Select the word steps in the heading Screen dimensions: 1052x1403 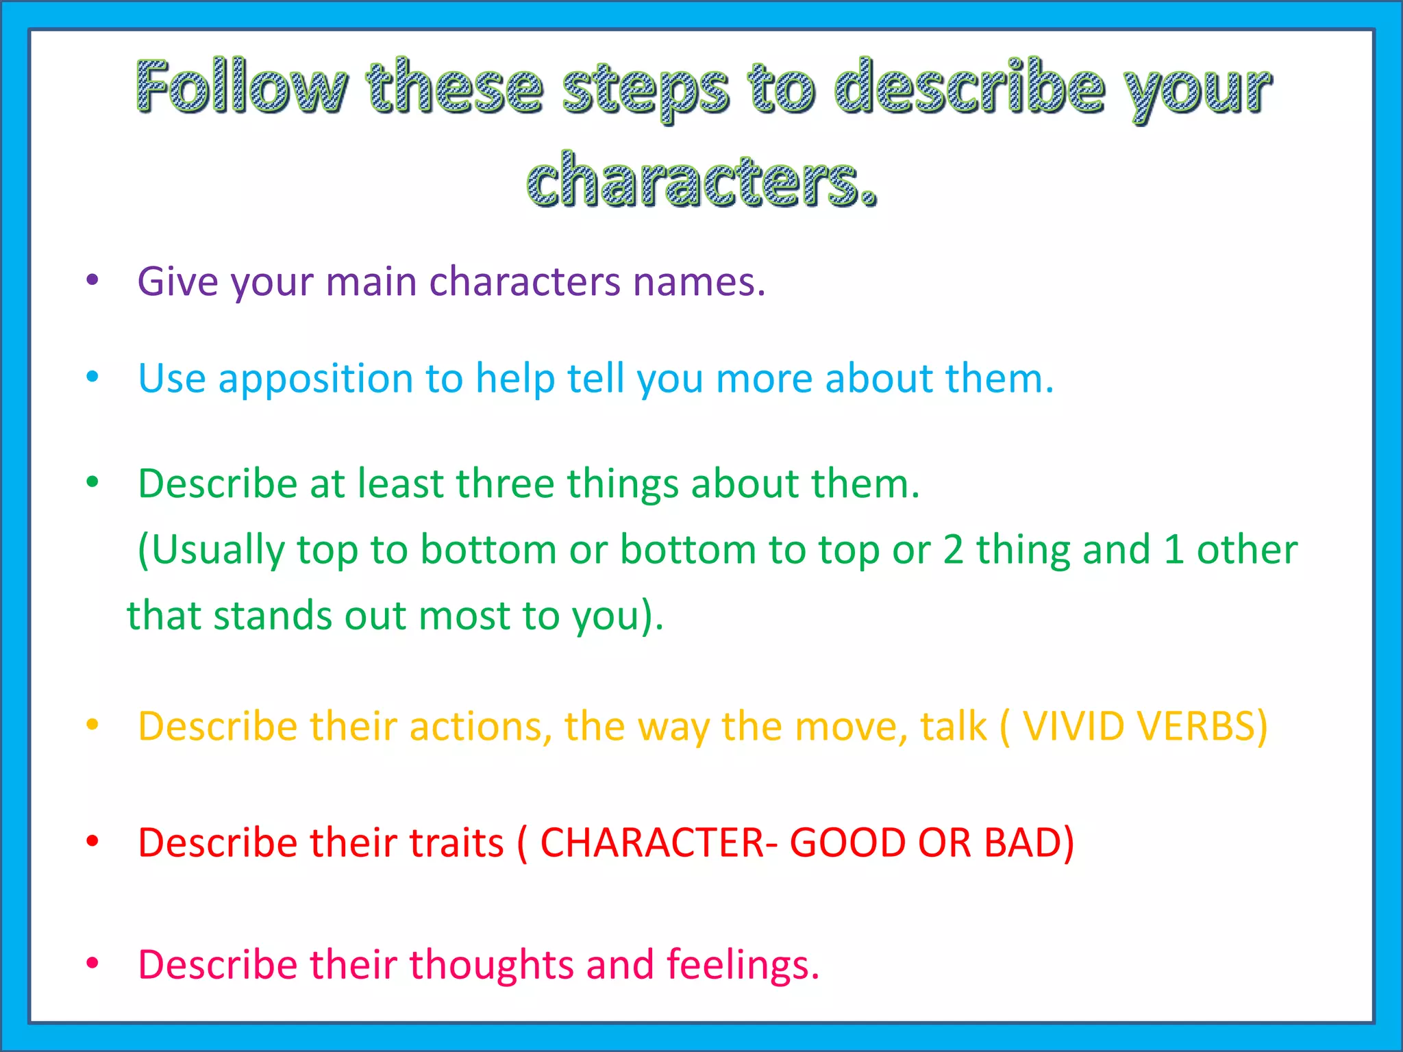click(x=645, y=91)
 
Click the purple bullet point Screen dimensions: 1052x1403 click(x=92, y=279)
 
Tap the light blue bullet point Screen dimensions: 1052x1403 click(x=92, y=376)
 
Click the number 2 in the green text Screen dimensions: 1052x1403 click(x=953, y=549)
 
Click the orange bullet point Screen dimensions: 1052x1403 click(x=92, y=724)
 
